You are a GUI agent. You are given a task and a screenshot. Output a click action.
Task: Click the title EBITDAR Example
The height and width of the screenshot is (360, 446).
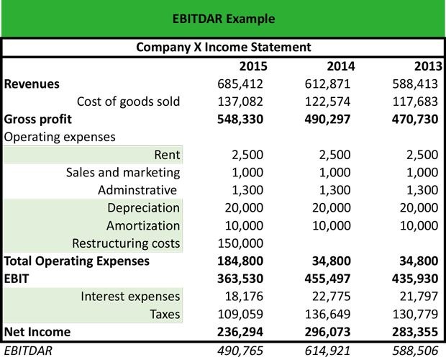pos(223,18)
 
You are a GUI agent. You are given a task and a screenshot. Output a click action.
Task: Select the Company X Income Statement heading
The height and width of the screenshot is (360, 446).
pos(223,48)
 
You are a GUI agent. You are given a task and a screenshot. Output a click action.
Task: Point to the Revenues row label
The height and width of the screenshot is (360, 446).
pos(32,84)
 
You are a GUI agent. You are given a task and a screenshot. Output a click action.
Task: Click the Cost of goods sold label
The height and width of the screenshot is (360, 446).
pos(128,102)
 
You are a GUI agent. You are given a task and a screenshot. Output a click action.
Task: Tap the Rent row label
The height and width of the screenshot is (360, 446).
pos(167,154)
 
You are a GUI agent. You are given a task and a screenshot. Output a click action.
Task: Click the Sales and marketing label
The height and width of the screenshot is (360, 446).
pos(123,172)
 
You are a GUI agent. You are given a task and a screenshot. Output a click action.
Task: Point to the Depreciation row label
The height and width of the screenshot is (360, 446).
pos(143,207)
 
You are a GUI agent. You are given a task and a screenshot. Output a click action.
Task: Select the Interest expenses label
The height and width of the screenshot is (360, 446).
pos(130,297)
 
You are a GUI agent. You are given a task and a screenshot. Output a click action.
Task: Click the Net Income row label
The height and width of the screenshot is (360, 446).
pos(37,332)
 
